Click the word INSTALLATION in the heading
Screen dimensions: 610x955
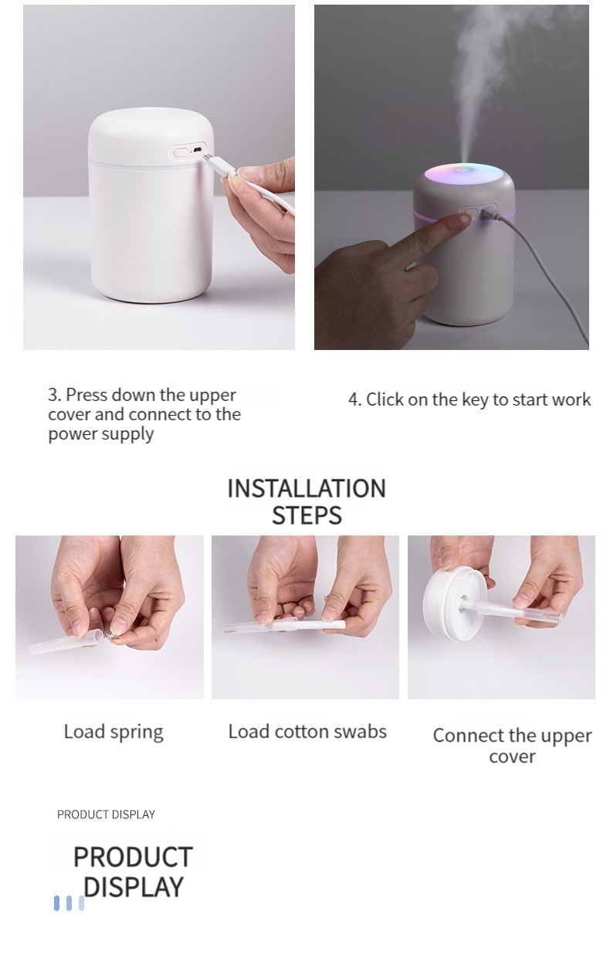coord(307,488)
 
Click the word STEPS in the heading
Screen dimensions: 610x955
coord(307,515)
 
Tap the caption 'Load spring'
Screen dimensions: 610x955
coord(114,732)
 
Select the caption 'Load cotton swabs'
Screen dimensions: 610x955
coord(307,732)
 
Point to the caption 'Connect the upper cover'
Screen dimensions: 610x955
coord(512,746)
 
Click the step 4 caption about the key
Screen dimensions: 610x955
coord(469,400)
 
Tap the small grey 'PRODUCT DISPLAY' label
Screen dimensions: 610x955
coord(106,814)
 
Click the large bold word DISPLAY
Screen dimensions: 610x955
coord(134,887)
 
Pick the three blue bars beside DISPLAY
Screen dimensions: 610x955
coord(69,903)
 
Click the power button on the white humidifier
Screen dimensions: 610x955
coord(181,152)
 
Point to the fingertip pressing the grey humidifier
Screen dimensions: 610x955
coord(463,219)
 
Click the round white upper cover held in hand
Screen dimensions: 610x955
coord(451,606)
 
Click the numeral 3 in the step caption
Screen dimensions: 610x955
coord(53,395)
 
